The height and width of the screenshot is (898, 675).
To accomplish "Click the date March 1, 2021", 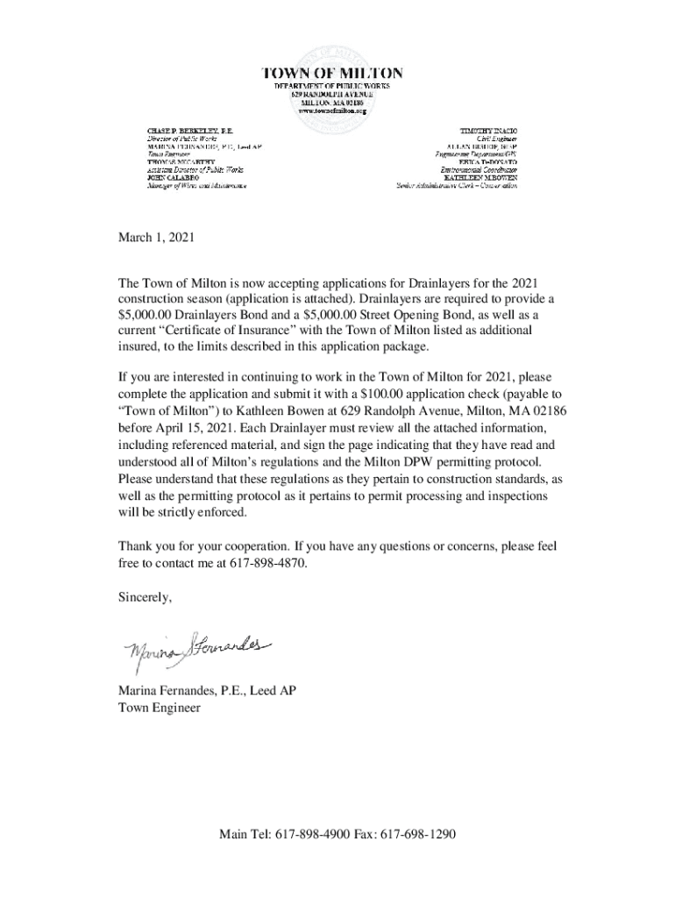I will point(155,238).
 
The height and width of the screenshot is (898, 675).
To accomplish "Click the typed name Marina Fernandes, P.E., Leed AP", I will point(207,691).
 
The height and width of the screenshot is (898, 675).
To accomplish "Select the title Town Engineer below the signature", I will point(160,707).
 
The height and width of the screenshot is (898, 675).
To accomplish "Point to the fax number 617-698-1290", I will point(419,834).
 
